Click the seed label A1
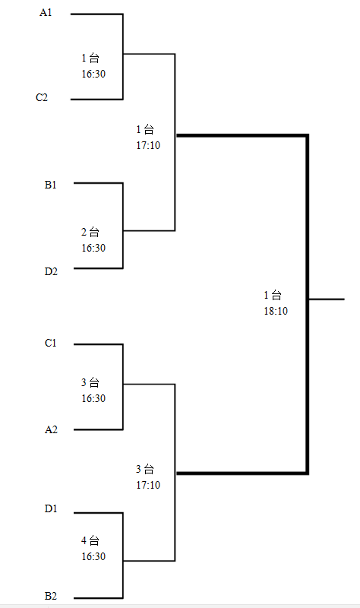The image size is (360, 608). coord(46,13)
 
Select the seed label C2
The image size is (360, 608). coord(42,97)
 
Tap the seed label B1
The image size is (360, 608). coord(50,185)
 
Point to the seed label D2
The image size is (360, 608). coord(51,272)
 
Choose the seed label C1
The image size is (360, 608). coord(50,344)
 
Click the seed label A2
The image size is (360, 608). coord(51,429)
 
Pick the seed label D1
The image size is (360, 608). coord(51,508)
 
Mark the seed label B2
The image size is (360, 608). coord(51,596)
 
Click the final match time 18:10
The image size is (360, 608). coord(276,311)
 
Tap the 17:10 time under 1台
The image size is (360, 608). coord(148,145)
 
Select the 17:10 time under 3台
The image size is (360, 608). coord(148,485)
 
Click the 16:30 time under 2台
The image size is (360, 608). coord(93,248)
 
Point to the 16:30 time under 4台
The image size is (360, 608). coord(93,556)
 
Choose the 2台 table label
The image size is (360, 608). coord(90,233)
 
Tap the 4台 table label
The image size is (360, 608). coord(90,540)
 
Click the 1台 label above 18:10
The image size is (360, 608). coord(273,295)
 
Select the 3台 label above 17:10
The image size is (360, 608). coord(145,469)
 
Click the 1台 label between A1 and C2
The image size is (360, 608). coord(90,59)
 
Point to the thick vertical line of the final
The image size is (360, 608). coord(308,305)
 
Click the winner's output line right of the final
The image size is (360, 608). coord(327,299)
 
